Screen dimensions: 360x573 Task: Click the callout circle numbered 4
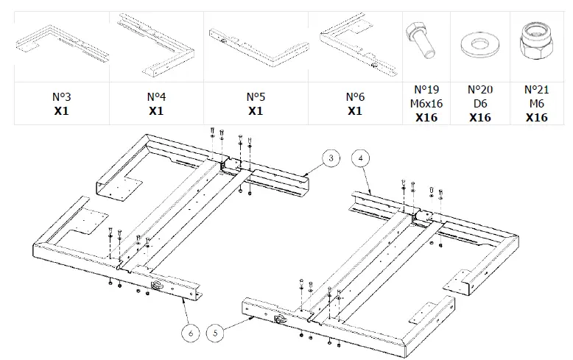click(x=361, y=158)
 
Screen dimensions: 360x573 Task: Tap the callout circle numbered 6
click(x=191, y=333)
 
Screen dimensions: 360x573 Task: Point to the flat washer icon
click(x=479, y=43)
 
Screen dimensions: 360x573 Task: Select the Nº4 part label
click(x=155, y=96)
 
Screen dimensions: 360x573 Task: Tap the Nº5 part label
click(x=255, y=96)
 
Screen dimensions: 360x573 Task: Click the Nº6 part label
click(x=354, y=96)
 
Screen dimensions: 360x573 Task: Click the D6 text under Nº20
click(x=479, y=103)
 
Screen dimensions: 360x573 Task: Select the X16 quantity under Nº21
click(x=536, y=117)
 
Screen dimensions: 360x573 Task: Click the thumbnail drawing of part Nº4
click(x=155, y=44)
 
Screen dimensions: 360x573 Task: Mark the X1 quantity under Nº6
click(x=354, y=111)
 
